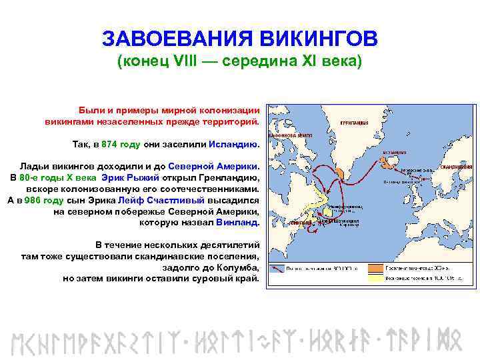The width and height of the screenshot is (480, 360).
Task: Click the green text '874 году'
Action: pos(121,144)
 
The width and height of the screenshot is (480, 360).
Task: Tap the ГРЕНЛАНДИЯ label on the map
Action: pos(353,123)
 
